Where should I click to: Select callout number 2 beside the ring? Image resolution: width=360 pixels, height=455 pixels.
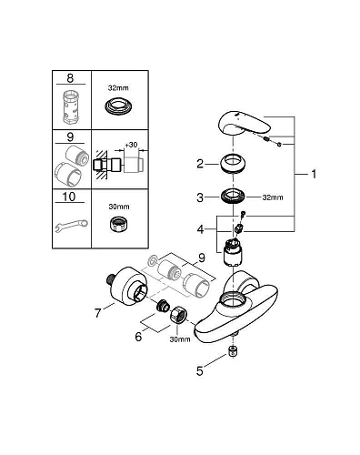tap(199, 165)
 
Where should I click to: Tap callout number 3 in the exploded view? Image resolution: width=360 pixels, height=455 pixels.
tap(199, 196)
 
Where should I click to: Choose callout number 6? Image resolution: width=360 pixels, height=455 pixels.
tap(138, 335)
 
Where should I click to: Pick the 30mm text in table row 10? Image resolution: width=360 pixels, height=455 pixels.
tap(119, 206)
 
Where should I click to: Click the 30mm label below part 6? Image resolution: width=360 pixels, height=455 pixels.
tap(179, 339)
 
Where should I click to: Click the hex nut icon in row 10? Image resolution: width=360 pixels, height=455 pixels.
tap(118, 225)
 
